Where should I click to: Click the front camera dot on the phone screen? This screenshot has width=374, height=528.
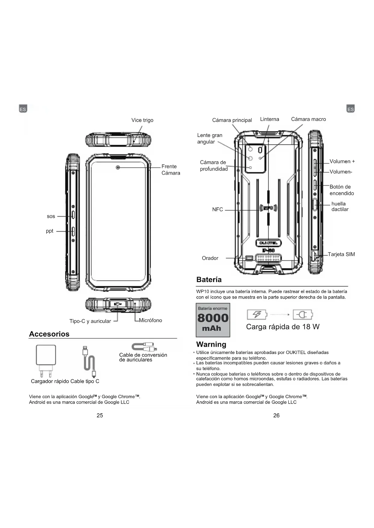tap(118, 167)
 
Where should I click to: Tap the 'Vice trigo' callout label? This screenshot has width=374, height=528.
tap(142, 120)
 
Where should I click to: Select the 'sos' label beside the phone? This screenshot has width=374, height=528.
tap(51, 216)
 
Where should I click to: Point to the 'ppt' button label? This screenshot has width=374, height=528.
tap(49, 231)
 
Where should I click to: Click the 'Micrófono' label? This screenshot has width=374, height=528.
tap(150, 320)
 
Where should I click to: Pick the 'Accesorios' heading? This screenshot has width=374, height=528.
tap(49, 334)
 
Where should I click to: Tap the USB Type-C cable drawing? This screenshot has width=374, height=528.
tap(90, 362)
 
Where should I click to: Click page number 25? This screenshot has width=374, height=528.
tap(100, 415)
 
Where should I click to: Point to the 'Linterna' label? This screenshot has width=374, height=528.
tap(269, 119)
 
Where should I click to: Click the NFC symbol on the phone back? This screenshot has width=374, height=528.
tap(268, 208)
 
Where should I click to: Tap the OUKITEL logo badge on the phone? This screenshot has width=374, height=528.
tap(268, 243)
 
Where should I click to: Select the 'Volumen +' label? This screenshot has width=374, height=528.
tap(342, 161)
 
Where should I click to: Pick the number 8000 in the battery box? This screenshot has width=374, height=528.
tap(213, 318)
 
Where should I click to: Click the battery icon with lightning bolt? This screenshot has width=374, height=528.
tap(257, 315)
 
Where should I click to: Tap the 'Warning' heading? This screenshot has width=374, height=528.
tap(211, 344)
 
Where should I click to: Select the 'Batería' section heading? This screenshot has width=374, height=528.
tap(209, 280)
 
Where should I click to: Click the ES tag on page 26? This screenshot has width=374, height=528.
tap(350, 109)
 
